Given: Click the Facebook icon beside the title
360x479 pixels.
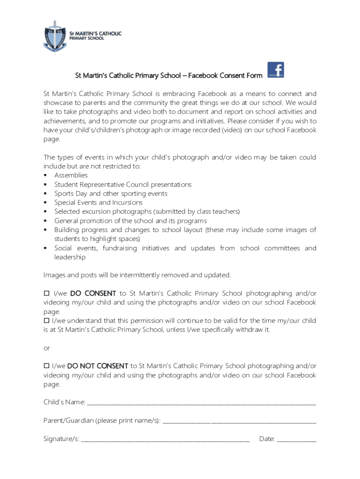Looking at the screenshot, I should pos(275,70).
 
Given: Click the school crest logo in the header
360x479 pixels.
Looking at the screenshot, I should pos(55,36).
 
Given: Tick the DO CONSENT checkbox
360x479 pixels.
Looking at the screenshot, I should pos(46,293).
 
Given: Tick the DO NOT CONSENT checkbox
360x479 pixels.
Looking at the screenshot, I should pos(46,366).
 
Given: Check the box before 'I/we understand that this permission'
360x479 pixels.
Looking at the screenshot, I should pos(46,320).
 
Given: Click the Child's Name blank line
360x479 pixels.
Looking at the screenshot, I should pos(201,403).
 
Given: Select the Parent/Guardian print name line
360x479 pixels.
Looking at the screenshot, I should pos(238,421).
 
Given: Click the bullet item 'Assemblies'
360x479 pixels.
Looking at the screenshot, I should pos(71,175).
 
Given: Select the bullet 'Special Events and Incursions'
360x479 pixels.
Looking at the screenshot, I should pos(98,203).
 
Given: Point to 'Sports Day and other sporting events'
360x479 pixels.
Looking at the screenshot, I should pos(110,194).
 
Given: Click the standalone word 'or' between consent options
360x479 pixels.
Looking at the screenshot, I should pos(46,348).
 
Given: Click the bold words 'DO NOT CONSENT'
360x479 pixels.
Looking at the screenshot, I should pos(98,366).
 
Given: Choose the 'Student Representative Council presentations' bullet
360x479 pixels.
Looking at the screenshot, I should pos(122,185).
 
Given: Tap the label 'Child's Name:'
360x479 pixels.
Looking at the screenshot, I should pos(64,402).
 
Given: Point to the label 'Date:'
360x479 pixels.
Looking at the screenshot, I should pos(266,439).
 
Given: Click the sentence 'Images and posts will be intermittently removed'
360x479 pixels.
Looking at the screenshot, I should pos(137,275).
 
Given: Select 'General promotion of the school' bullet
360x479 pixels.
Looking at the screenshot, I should pos(130,221).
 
